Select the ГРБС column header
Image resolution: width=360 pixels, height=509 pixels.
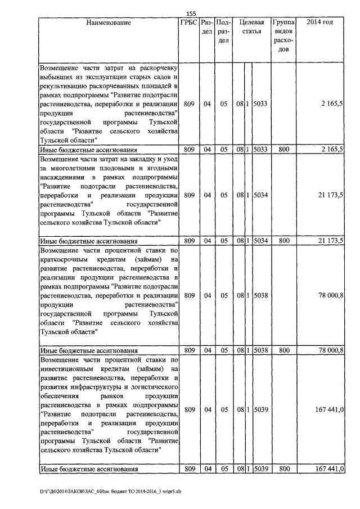[188, 22]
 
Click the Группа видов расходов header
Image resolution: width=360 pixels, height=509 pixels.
[284, 35]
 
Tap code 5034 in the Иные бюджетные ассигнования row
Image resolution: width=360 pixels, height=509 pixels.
[260, 241]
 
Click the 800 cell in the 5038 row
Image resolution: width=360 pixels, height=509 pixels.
[284, 350]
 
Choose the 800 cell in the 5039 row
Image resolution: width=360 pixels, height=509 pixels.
[284, 469]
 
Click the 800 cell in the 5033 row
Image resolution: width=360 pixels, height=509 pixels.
[284, 150]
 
